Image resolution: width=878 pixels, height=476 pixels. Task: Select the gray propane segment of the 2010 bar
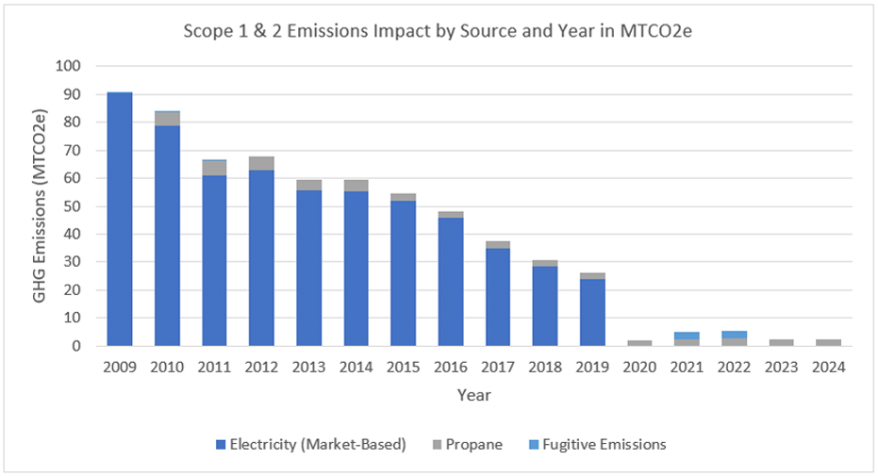[x=167, y=119]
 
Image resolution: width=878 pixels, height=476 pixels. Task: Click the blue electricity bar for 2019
[x=592, y=312]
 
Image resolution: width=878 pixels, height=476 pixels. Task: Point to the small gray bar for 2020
[x=639, y=343]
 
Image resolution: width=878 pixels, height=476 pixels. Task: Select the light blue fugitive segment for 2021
[x=687, y=336]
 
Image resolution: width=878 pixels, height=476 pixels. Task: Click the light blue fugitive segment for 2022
[x=734, y=335]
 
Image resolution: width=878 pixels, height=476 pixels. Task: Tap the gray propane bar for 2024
[x=828, y=342]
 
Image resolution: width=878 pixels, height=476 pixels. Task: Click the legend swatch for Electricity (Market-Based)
[x=221, y=445]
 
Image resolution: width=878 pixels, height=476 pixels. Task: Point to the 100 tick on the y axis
[x=70, y=67]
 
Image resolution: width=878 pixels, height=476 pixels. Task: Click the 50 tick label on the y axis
[x=74, y=206]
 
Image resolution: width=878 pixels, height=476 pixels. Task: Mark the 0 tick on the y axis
[x=77, y=346]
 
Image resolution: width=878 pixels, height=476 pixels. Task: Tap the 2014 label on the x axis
[x=356, y=369]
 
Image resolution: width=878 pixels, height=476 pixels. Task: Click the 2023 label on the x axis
[x=781, y=369]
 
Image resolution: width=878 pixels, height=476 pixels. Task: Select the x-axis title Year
[x=473, y=396]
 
